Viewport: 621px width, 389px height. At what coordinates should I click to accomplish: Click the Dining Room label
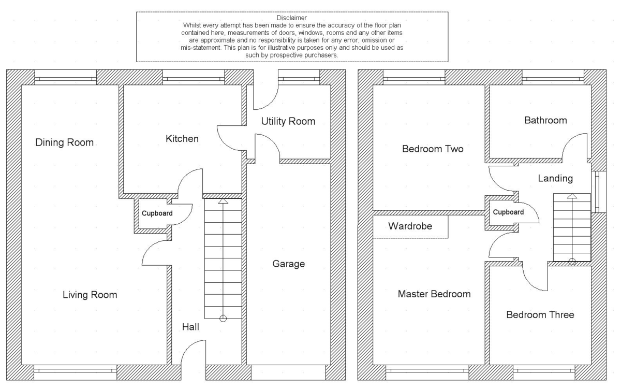point(64,142)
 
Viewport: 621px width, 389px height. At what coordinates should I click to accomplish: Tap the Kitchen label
point(182,139)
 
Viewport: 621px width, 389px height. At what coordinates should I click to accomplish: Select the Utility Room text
point(288,122)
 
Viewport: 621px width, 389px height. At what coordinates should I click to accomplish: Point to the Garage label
point(288,264)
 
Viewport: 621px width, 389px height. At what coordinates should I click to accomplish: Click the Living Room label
point(90,295)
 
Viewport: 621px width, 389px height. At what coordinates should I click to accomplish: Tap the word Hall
point(190,327)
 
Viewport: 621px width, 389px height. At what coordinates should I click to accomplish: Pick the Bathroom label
point(545,121)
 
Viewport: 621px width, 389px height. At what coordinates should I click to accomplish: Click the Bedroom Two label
point(433,149)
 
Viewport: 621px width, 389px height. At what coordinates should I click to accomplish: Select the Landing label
point(555,179)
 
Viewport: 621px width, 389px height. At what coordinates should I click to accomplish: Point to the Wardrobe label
point(410,226)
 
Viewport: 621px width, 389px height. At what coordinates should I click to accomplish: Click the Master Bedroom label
point(434,294)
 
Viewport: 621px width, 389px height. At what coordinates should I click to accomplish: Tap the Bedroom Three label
point(540,315)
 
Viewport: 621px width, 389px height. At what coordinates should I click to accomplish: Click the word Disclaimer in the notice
point(292,18)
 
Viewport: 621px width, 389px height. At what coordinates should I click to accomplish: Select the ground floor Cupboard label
point(157,213)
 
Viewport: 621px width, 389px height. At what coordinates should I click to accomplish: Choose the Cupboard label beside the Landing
point(508,212)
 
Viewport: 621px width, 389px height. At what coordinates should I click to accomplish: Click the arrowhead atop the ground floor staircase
point(223,201)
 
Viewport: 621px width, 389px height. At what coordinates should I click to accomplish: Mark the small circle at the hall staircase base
point(223,319)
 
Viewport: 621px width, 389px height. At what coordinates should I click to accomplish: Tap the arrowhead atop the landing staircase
point(572,197)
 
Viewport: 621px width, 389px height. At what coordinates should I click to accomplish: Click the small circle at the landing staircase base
point(572,262)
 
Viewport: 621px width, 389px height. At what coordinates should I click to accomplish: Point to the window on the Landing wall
point(598,192)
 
